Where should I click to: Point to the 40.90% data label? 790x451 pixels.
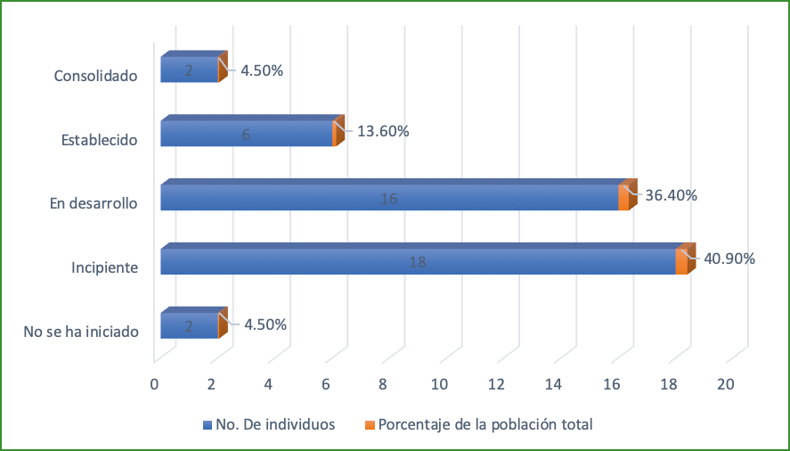pos(729,259)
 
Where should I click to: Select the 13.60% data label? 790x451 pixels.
pos(383,131)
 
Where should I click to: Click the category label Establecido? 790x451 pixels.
pos(99,140)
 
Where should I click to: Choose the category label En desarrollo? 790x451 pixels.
pos(93,204)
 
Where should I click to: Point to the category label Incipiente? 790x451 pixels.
pos(104,267)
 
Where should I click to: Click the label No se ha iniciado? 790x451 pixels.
pos(81,332)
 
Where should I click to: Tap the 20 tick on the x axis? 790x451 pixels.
pos(726,384)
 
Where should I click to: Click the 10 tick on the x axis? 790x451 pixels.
pos(439,384)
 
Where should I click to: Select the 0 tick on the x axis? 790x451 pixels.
pos(154,384)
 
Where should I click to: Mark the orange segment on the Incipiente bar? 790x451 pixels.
pos(681,262)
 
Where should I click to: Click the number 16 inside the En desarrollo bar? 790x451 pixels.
pos(388,198)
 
